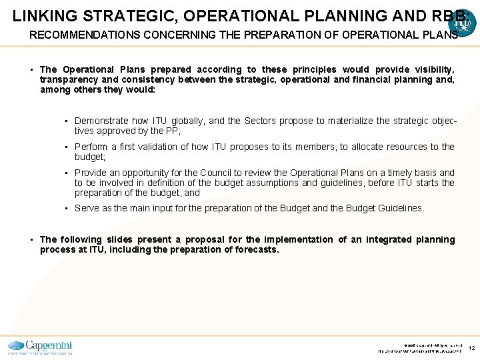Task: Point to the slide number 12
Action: click(x=471, y=347)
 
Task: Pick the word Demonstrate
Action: click(x=101, y=121)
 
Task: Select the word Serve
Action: click(x=87, y=208)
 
